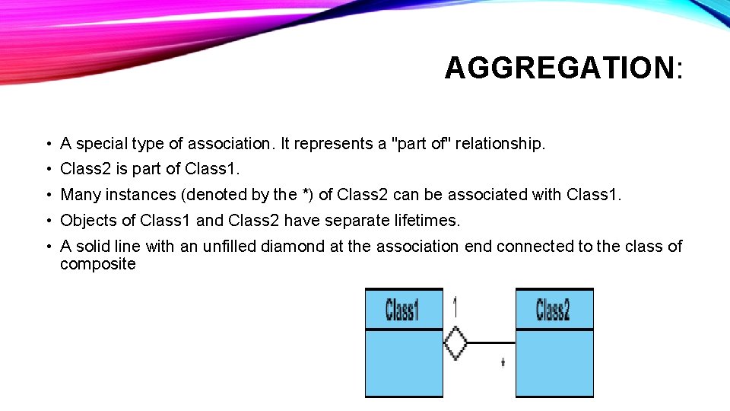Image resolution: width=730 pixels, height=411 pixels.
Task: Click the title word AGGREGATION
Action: point(559,68)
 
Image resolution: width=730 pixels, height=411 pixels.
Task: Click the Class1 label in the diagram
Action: point(403,311)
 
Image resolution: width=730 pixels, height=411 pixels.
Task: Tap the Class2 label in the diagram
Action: point(553,310)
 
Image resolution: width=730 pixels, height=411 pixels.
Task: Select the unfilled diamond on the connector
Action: point(455,342)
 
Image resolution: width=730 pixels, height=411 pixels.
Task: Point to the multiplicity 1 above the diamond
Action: point(455,307)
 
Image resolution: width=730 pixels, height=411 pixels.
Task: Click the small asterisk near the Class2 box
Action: point(503,364)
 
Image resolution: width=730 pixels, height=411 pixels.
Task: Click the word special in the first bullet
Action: point(103,143)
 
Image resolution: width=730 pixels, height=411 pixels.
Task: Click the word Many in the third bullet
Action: point(80,195)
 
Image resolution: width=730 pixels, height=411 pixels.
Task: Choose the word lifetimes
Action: point(428,221)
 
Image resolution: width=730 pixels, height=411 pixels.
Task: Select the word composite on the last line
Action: point(98,264)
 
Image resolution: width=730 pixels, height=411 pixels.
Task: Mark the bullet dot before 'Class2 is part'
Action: point(47,170)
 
